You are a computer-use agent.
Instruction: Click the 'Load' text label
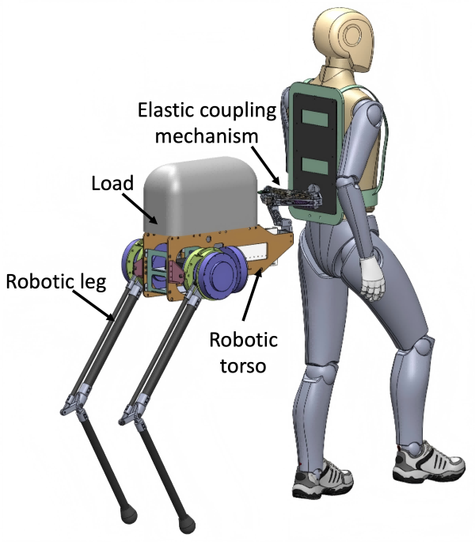(x=112, y=184)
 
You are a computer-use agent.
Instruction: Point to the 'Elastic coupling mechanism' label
(x=208, y=121)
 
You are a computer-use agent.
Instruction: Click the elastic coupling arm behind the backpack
(x=282, y=195)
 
